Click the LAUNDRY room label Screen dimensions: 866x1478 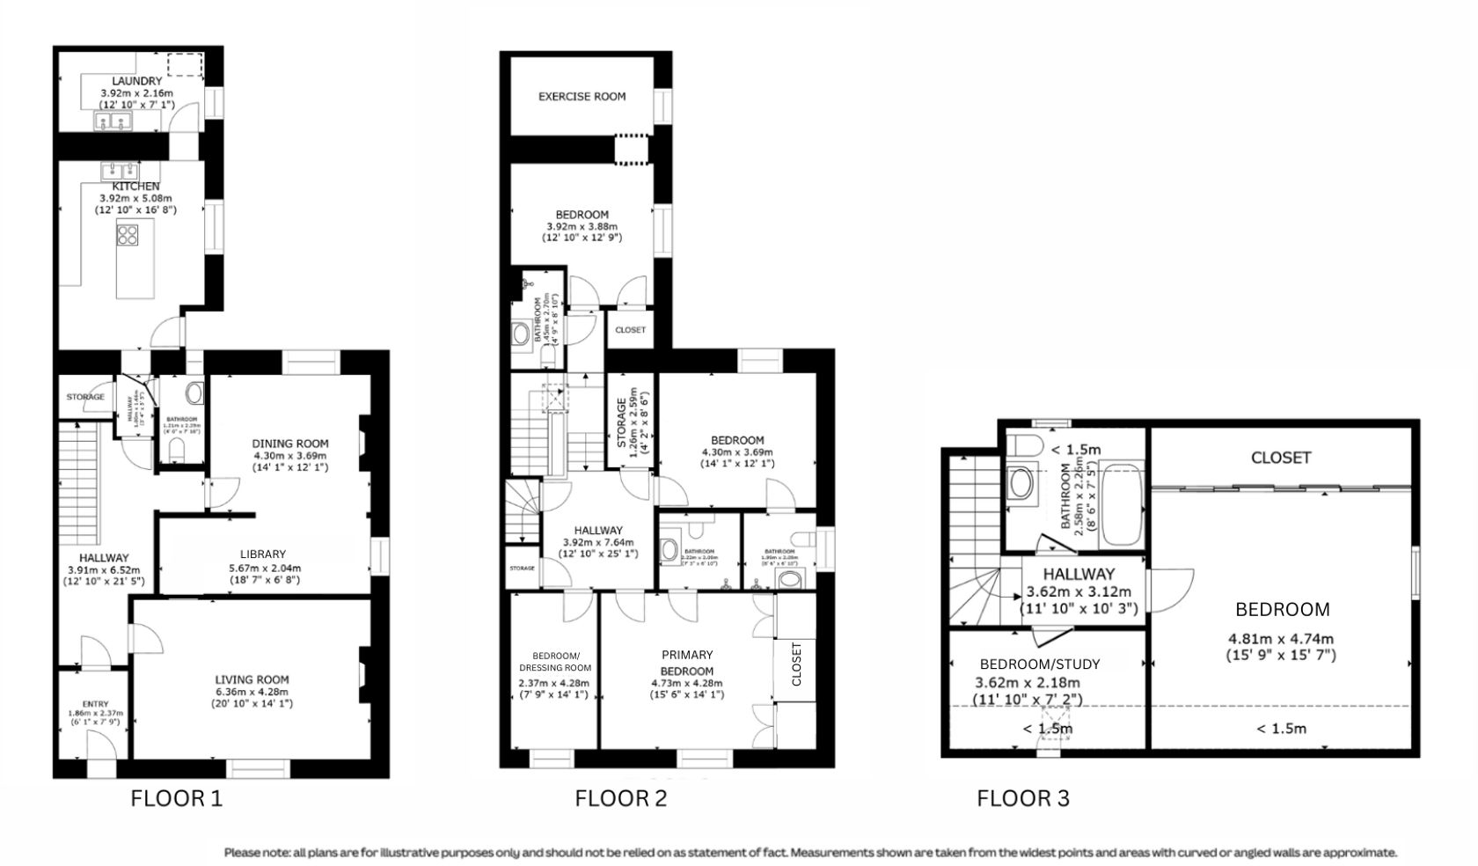[x=136, y=81]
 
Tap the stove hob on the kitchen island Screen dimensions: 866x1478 [x=128, y=235]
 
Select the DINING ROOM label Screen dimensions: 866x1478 [x=290, y=444]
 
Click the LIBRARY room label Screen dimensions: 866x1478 [x=263, y=554]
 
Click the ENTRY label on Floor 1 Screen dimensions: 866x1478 [x=96, y=704]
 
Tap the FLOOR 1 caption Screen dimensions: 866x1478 [x=176, y=799]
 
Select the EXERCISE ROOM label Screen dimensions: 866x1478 [x=582, y=97]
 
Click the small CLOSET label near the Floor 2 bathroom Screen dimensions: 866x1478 [x=630, y=330]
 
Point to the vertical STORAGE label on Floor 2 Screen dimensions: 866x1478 [x=621, y=422]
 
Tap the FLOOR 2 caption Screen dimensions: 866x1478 [x=620, y=799]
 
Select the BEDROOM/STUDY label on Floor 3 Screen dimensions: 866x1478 [x=1039, y=664]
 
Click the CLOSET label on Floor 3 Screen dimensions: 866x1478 [x=1281, y=458]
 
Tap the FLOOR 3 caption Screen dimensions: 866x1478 [x=1023, y=799]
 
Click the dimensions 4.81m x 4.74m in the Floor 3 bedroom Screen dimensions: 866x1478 [x=1280, y=639]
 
